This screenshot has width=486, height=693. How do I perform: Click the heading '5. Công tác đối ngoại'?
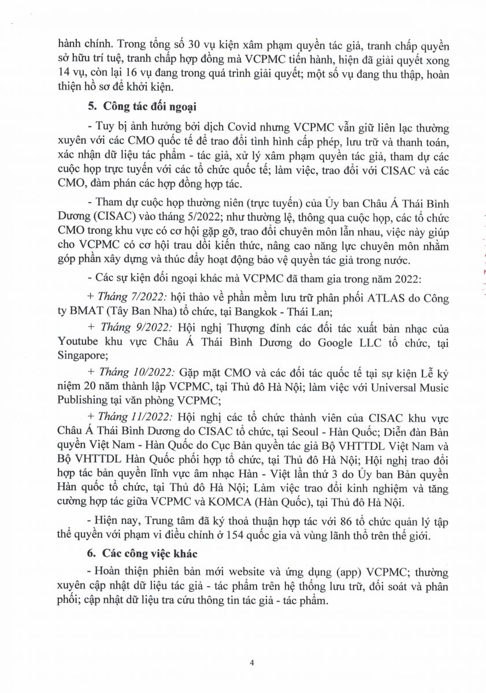click(144, 106)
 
